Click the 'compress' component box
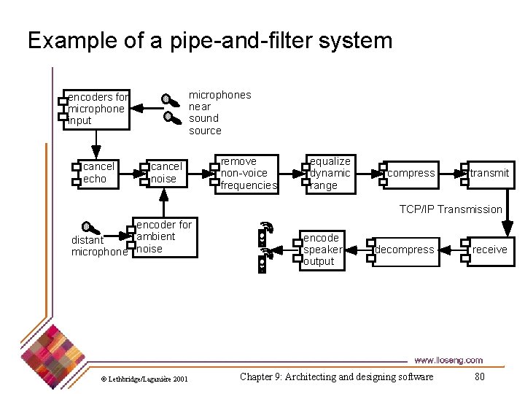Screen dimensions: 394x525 coord(410,174)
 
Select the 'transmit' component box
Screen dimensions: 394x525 coord(489,174)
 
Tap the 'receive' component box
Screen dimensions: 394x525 coord(489,250)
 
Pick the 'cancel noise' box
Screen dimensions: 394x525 coord(166,173)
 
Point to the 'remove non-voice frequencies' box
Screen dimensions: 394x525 coord(248,174)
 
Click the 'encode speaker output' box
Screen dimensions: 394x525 coord(322,250)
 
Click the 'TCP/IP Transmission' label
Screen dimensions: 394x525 coord(450,209)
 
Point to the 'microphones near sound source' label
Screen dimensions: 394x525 coord(219,112)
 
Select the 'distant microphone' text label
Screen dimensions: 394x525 coord(98,246)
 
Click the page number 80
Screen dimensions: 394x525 coord(479,376)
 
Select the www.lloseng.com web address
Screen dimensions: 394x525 coord(448,360)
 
